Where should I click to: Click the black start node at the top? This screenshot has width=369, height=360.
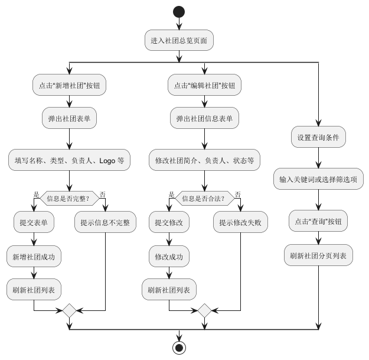(179, 11)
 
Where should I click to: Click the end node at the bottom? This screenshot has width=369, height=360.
(179, 347)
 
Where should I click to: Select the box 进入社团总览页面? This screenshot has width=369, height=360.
(179, 41)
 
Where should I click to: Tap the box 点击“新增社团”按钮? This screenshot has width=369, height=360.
(70, 85)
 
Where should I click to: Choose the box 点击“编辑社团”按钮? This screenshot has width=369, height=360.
(204, 85)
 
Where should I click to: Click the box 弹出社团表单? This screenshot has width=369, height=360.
(70, 118)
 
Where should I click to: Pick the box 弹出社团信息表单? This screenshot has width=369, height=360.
(204, 118)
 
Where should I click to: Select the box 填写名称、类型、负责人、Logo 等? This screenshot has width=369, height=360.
(70, 160)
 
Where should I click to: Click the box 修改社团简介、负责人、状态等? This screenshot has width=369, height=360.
(204, 160)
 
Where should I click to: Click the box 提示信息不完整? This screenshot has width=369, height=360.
(105, 223)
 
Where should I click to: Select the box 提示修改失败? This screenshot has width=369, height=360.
(240, 223)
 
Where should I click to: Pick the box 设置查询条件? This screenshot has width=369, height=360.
(319, 137)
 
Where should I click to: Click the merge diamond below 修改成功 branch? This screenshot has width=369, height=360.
(204, 310)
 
